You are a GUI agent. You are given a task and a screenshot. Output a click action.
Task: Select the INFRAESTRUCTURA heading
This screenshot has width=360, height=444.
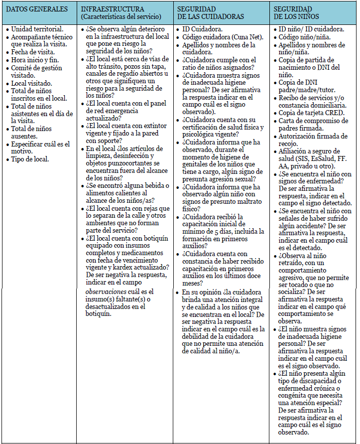113,9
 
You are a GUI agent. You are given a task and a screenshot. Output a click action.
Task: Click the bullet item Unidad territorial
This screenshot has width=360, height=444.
37,29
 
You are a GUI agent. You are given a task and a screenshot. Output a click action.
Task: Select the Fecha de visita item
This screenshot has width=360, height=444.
33,52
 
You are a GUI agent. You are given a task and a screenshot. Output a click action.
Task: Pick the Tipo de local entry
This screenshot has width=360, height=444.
31,159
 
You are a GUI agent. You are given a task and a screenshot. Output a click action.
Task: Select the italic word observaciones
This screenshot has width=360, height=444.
111,292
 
